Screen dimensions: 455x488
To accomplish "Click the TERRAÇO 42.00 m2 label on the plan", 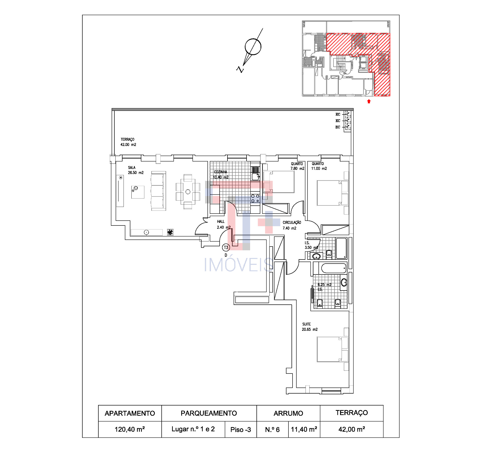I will [128, 142].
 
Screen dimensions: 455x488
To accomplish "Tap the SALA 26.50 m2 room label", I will [135, 170].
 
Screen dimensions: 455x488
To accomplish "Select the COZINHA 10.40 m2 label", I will [221, 175].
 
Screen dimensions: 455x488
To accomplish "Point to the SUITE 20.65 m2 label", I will [309, 327].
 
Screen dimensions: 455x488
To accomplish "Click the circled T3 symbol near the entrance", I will [226, 247].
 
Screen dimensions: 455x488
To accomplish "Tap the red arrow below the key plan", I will [369, 101].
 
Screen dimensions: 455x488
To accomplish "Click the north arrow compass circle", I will [253, 47].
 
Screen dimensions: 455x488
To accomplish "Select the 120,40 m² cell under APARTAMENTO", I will [130, 429].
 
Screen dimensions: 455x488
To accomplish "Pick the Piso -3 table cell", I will [240, 430].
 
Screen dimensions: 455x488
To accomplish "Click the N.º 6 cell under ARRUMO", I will [272, 430].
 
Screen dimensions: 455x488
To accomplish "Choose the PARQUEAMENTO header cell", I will [209, 413].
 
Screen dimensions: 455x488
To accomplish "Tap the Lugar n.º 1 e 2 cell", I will [193, 429].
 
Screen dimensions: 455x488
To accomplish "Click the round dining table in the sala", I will [188, 192].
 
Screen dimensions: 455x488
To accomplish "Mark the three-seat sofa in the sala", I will [158, 191].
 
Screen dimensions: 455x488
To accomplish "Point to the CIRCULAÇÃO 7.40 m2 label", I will [292, 225].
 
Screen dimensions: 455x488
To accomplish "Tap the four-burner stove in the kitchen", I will [255, 198].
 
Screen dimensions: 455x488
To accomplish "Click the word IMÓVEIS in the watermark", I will [238, 265].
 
